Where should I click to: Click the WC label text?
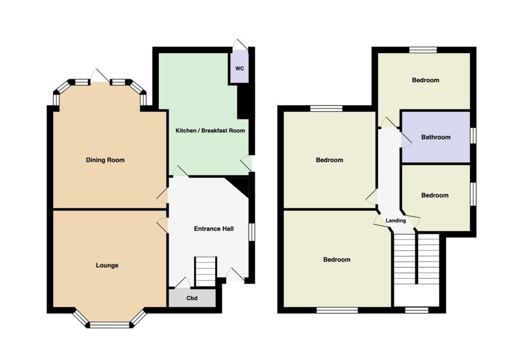pos(240,68)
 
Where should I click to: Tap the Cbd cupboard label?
pos(192,298)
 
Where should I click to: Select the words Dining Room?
pos(105,160)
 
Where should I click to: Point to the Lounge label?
pos(107,266)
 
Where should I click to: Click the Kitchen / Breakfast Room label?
pos(210,131)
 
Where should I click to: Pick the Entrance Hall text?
pos(214,229)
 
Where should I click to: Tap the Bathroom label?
pos(436,137)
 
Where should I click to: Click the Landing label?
pos(396,220)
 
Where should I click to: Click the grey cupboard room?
pos(192,298)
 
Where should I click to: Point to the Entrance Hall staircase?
pos(205,272)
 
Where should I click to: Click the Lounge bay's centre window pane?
pos(109,325)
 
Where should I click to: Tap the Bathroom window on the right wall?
pos(473,136)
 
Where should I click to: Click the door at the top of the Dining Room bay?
pos(100,76)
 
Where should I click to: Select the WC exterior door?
pos(240,45)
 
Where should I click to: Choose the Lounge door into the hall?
pos(162,225)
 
